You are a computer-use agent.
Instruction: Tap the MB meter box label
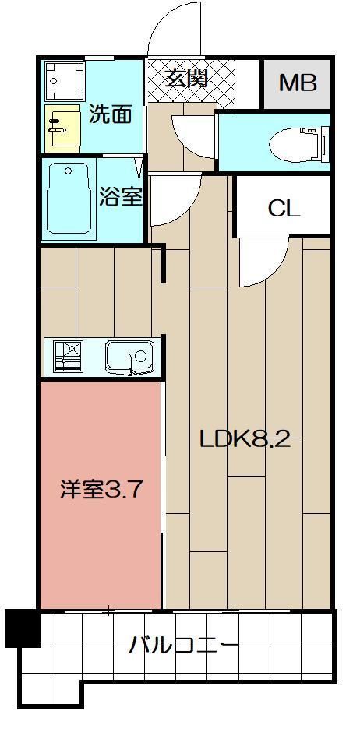coord(298,83)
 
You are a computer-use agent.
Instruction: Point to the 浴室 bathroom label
coord(121,195)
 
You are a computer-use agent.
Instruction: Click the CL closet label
coord(283,208)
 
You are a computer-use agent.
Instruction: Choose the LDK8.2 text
coord(245,440)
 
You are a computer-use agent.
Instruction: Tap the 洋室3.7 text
coord(101,491)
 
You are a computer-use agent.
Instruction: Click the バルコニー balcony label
coord(184,646)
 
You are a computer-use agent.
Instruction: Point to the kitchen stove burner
coord(69,357)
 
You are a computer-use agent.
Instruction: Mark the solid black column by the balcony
coord(22,628)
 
